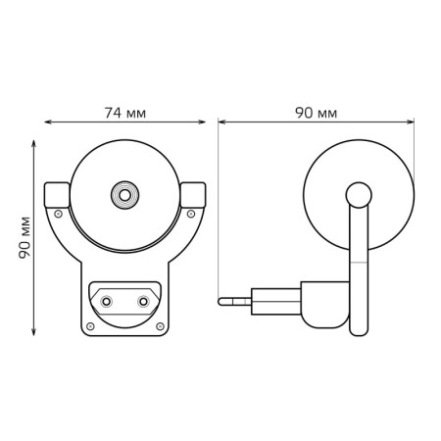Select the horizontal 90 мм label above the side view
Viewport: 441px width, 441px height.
pos(316,113)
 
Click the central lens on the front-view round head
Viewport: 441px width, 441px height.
pos(125,194)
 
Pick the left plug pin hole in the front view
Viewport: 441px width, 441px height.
pos(107,301)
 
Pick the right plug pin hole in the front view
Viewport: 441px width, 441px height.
pos(143,301)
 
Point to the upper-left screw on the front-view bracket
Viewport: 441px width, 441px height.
pos(59,213)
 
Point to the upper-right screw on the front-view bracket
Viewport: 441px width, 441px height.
pos(192,213)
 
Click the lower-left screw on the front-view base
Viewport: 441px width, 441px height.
pos(84,329)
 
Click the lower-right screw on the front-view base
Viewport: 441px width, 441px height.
pos(166,329)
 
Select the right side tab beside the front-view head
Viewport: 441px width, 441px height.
pos(194,193)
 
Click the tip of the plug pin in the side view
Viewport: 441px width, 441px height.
pos(220,303)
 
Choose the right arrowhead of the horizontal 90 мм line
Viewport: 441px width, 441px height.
pos(412,123)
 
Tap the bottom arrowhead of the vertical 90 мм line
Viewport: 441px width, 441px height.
pos(35,334)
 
